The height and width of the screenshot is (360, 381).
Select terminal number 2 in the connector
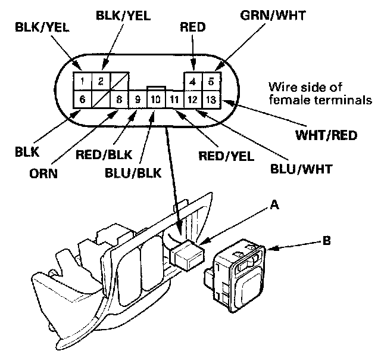tap(101, 80)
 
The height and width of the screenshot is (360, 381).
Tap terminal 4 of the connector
tap(192, 80)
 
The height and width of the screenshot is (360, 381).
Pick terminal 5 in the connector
tap(211, 80)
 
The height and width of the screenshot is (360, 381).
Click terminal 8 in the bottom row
tap(119, 99)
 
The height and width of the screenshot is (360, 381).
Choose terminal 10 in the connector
tap(155, 99)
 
